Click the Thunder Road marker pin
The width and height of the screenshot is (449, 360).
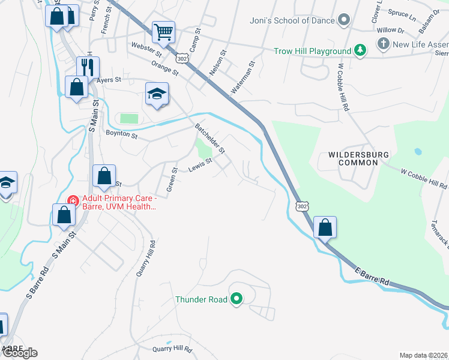tap(236, 298)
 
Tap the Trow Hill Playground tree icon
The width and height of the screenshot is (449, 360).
tap(360, 50)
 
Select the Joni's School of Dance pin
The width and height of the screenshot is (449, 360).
tap(344, 21)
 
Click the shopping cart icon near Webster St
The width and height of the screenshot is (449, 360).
tap(163, 32)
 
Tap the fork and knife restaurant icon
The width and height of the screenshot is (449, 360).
tap(88, 66)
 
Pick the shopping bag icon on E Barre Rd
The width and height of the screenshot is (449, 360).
tap(325, 227)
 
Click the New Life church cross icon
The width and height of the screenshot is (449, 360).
tap(383, 44)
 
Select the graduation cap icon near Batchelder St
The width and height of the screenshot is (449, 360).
tap(157, 93)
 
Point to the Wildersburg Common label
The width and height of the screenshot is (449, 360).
tap(359, 158)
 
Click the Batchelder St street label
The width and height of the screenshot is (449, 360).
tap(209, 137)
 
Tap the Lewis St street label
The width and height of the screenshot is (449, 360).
tap(200, 165)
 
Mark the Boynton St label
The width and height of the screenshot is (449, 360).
tap(121, 134)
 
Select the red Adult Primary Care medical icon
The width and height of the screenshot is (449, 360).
tap(72, 200)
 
